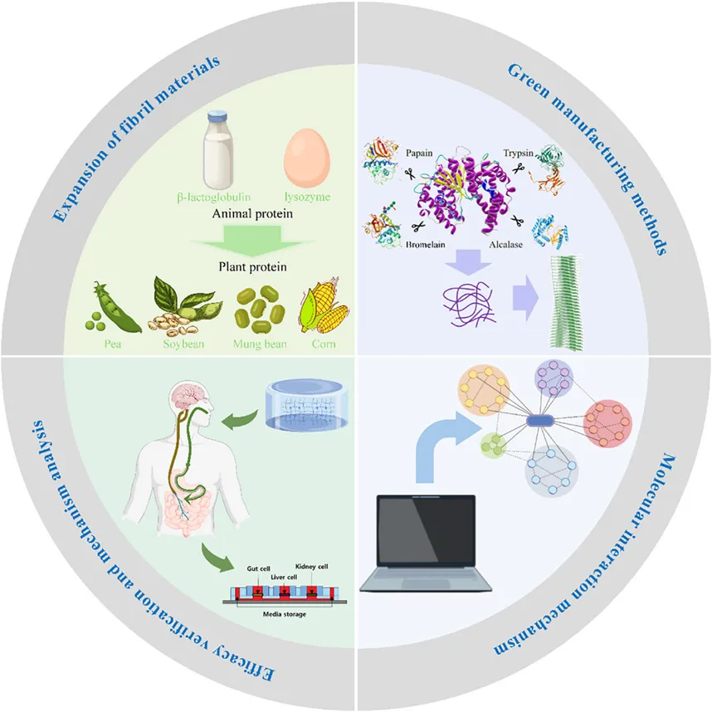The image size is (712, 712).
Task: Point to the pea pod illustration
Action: (x=110, y=310)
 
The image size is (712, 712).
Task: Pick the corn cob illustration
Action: (x=324, y=309)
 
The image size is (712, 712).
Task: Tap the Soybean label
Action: (x=182, y=343)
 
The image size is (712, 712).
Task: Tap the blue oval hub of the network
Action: (x=540, y=422)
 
